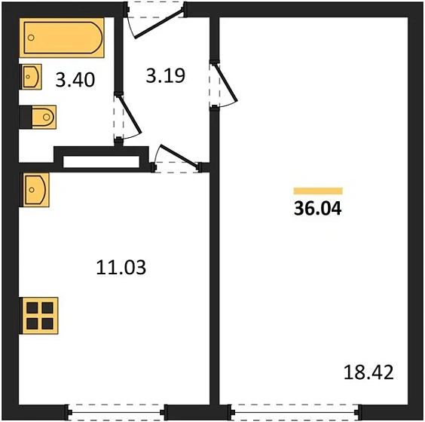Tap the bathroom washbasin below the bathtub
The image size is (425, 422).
[x=31, y=76]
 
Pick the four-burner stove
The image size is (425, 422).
[x=38, y=315]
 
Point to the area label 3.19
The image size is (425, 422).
[x=164, y=75]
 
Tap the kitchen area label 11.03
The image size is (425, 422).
[x=121, y=267]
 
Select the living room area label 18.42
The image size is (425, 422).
[x=369, y=372]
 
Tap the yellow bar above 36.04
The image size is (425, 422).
[x=317, y=191]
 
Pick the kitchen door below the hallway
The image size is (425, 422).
[x=178, y=158]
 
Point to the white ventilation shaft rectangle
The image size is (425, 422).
[x=102, y=161]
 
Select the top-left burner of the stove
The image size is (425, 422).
[x=32, y=307]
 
